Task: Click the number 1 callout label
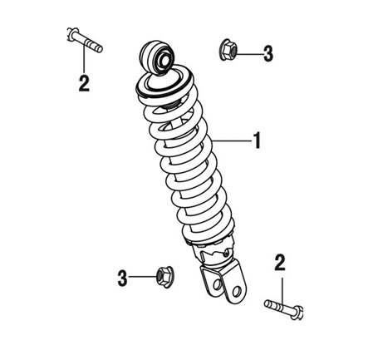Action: (258, 141)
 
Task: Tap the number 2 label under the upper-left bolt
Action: (84, 83)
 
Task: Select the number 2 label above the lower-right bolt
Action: (280, 263)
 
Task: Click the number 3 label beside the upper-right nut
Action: (268, 54)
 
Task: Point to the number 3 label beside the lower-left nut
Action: (122, 278)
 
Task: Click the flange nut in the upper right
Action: (228, 50)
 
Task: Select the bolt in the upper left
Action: (85, 40)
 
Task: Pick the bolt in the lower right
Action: (284, 309)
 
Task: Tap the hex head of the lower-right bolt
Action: (297, 313)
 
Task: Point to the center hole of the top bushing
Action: (164, 62)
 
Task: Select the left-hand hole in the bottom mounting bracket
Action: (218, 284)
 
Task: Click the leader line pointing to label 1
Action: (232, 141)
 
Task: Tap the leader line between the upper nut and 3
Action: (248, 54)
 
